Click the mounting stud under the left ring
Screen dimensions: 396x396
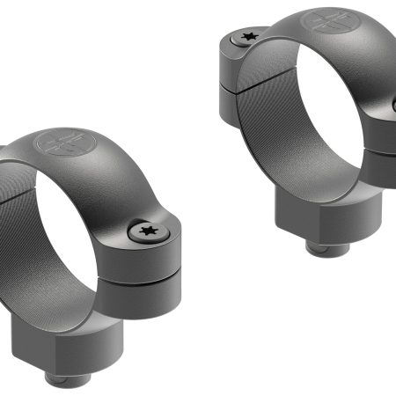[x=71, y=379]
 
